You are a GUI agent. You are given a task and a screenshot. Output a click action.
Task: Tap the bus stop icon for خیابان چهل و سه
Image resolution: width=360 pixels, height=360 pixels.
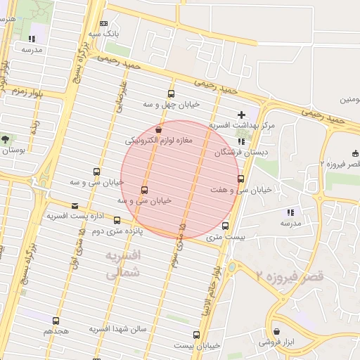[171, 94]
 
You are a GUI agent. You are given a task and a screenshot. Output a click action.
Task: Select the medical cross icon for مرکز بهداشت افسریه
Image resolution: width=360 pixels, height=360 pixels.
[242, 114]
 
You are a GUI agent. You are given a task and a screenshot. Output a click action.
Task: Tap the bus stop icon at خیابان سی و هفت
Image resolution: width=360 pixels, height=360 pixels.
[241, 179]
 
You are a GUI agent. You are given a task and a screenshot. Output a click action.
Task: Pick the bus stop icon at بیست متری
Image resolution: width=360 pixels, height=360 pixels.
[225, 226]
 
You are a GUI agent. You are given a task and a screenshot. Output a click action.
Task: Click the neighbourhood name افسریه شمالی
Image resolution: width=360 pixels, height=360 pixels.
[122, 264]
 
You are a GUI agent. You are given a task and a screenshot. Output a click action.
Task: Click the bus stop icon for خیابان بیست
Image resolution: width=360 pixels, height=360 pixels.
[195, 335]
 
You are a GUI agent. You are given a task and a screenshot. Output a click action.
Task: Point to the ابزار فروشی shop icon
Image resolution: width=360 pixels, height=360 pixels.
[277, 331]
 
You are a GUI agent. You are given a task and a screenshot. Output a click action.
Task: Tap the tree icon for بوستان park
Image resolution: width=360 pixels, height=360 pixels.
[6, 139]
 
